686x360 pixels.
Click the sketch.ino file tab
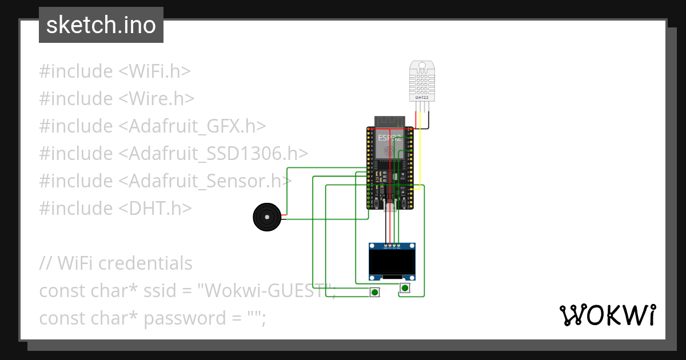(x=101, y=25)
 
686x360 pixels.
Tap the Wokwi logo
(x=607, y=315)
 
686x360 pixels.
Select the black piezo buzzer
(x=266, y=217)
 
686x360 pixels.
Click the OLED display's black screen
(x=392, y=262)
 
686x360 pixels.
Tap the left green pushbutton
(x=374, y=292)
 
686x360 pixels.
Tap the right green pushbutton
(x=405, y=287)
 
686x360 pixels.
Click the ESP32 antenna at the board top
(x=390, y=121)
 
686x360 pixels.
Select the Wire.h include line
(x=117, y=99)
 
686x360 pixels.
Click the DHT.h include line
(x=115, y=209)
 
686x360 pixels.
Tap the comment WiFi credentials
(x=116, y=263)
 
